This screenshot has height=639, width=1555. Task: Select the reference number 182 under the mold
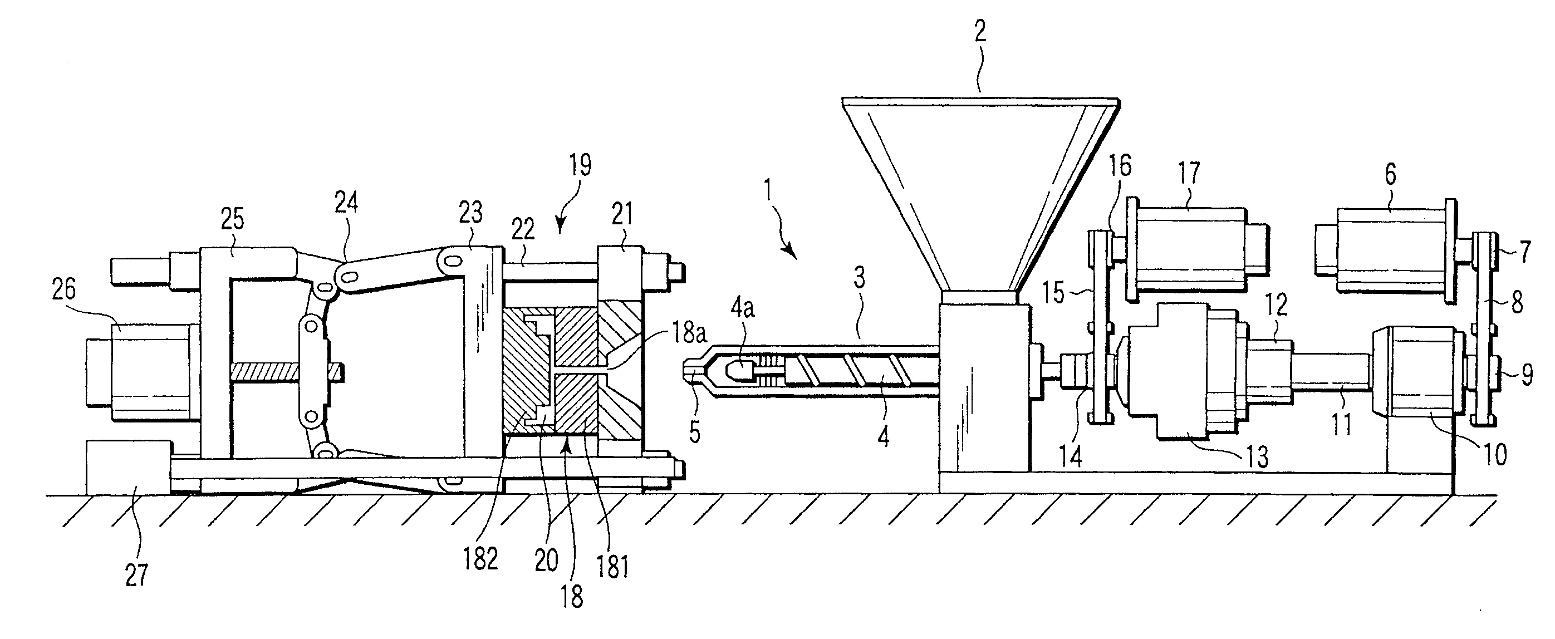(480, 559)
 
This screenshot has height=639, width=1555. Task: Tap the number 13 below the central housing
(1257, 457)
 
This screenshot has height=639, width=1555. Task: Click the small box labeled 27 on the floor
(127, 467)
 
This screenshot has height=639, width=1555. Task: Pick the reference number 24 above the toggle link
(346, 203)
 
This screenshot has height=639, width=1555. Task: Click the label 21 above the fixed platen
(622, 214)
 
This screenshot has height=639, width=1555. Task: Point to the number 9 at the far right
(1526, 376)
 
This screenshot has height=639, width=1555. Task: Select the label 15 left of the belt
(1054, 294)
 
